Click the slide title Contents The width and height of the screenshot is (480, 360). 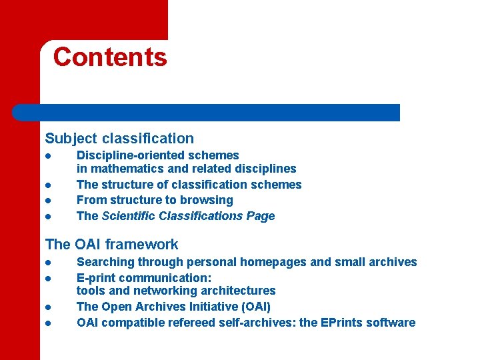(x=110, y=57)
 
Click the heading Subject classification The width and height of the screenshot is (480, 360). (x=119, y=139)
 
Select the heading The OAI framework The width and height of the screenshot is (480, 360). (x=111, y=245)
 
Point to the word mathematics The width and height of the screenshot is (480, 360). (x=121, y=169)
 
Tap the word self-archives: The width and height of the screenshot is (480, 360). (x=257, y=323)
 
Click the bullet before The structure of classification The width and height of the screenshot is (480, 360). (x=48, y=185)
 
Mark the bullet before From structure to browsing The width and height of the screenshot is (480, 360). (x=48, y=201)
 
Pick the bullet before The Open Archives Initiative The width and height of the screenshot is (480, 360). (x=48, y=307)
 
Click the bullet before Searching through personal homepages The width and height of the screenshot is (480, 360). (x=48, y=263)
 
